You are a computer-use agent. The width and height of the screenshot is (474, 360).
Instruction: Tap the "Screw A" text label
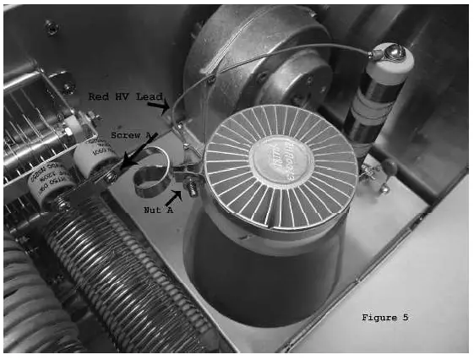point(130,135)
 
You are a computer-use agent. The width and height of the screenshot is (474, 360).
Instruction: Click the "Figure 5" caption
point(384,317)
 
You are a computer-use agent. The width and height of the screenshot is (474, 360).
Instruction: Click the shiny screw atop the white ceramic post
point(391,53)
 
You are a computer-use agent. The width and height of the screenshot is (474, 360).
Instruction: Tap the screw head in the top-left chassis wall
point(52,29)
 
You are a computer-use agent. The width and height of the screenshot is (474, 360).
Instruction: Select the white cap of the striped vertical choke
point(390,57)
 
